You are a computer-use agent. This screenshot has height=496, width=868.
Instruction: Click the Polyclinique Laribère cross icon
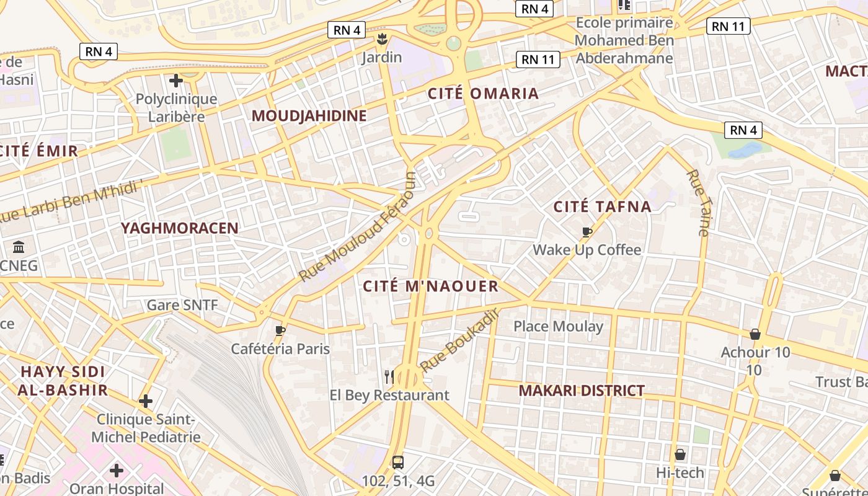(x=176, y=81)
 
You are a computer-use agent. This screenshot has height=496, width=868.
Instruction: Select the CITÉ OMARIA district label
(x=483, y=94)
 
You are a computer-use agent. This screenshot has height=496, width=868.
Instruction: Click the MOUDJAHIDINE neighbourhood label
(x=309, y=115)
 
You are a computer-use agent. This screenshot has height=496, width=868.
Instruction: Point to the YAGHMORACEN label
(x=180, y=228)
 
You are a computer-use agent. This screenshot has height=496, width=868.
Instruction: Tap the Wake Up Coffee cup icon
(x=587, y=232)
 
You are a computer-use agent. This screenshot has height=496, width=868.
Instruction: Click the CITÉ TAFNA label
(x=602, y=206)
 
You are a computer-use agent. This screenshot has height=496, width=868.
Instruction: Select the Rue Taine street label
(x=697, y=202)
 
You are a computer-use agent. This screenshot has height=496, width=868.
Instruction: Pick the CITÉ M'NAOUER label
(x=430, y=286)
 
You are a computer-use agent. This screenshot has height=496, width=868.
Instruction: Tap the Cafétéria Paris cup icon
(x=280, y=330)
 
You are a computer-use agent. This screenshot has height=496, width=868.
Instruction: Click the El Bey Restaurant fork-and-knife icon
(x=389, y=376)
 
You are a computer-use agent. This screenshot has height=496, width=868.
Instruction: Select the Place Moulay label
(x=558, y=326)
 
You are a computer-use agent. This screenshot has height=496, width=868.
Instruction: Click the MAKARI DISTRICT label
(x=581, y=391)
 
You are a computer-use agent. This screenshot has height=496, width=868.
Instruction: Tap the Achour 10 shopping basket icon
(x=755, y=334)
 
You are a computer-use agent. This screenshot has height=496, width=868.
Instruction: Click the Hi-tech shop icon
(x=680, y=454)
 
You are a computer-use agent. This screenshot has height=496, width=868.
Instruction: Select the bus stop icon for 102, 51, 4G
(x=398, y=462)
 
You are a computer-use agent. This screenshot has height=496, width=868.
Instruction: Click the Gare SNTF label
(x=182, y=305)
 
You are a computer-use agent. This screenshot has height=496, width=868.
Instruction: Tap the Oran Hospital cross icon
(x=117, y=471)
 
